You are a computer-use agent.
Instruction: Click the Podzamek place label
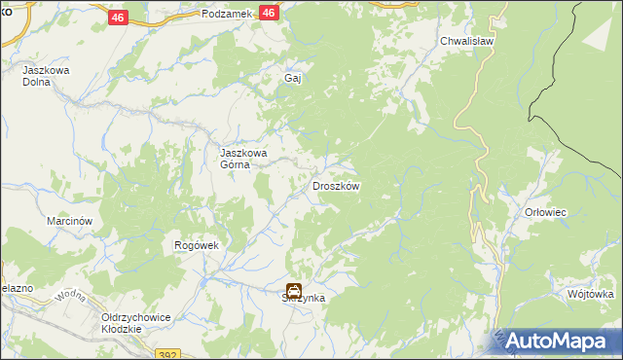pos(228,14)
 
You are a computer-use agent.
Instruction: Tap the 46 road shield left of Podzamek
pos(118,18)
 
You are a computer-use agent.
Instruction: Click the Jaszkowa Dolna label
pos(41,77)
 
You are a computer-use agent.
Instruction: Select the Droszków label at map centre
pos(336,186)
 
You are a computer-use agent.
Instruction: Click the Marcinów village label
pos(69,221)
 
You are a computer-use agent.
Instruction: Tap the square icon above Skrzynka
pos(293,289)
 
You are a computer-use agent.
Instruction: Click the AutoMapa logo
pos(558,341)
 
